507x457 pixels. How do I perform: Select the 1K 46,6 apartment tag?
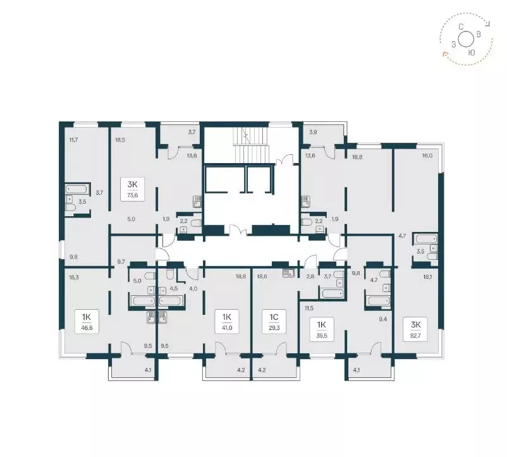87,321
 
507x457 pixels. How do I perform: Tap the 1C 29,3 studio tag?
274,321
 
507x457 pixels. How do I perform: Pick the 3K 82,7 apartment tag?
415,329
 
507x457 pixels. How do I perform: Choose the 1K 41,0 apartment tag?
227,321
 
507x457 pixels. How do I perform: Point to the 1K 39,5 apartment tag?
321,329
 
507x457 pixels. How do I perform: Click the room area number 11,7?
74,140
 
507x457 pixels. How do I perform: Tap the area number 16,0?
427,155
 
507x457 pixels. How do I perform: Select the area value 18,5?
120,140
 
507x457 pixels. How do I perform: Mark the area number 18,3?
74,277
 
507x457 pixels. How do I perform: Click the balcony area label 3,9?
313,132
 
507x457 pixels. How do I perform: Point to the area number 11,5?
308,308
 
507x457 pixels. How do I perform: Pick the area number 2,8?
310,276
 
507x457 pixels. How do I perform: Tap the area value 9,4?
383,319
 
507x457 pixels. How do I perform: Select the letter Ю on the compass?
472,52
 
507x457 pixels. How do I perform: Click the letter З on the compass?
454,45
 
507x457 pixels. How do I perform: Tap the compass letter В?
479,34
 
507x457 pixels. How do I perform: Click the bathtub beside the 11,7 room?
76,188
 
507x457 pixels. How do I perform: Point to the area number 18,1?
427,277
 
